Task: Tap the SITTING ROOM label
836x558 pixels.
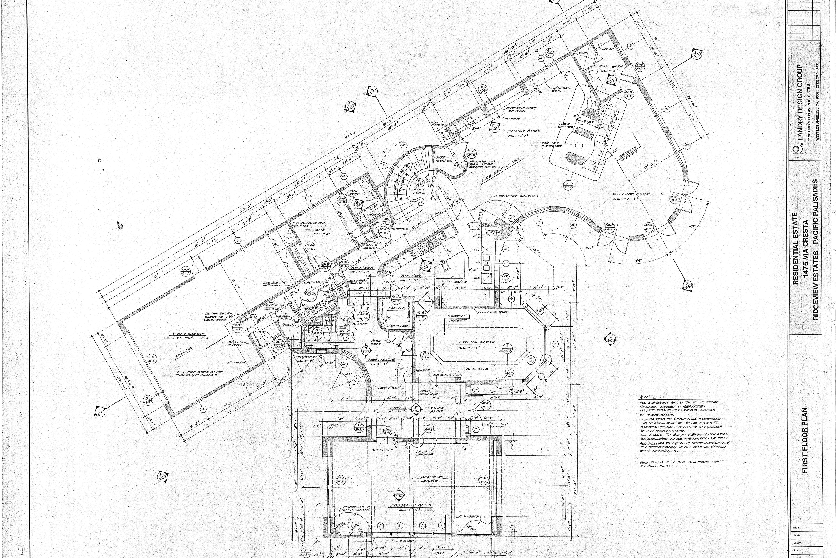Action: [631, 194]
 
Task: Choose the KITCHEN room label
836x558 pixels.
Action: [411, 276]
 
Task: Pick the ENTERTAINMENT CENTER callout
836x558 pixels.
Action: [521, 110]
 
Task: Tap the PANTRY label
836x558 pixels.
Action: [396, 308]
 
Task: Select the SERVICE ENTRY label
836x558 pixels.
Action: [237, 343]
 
